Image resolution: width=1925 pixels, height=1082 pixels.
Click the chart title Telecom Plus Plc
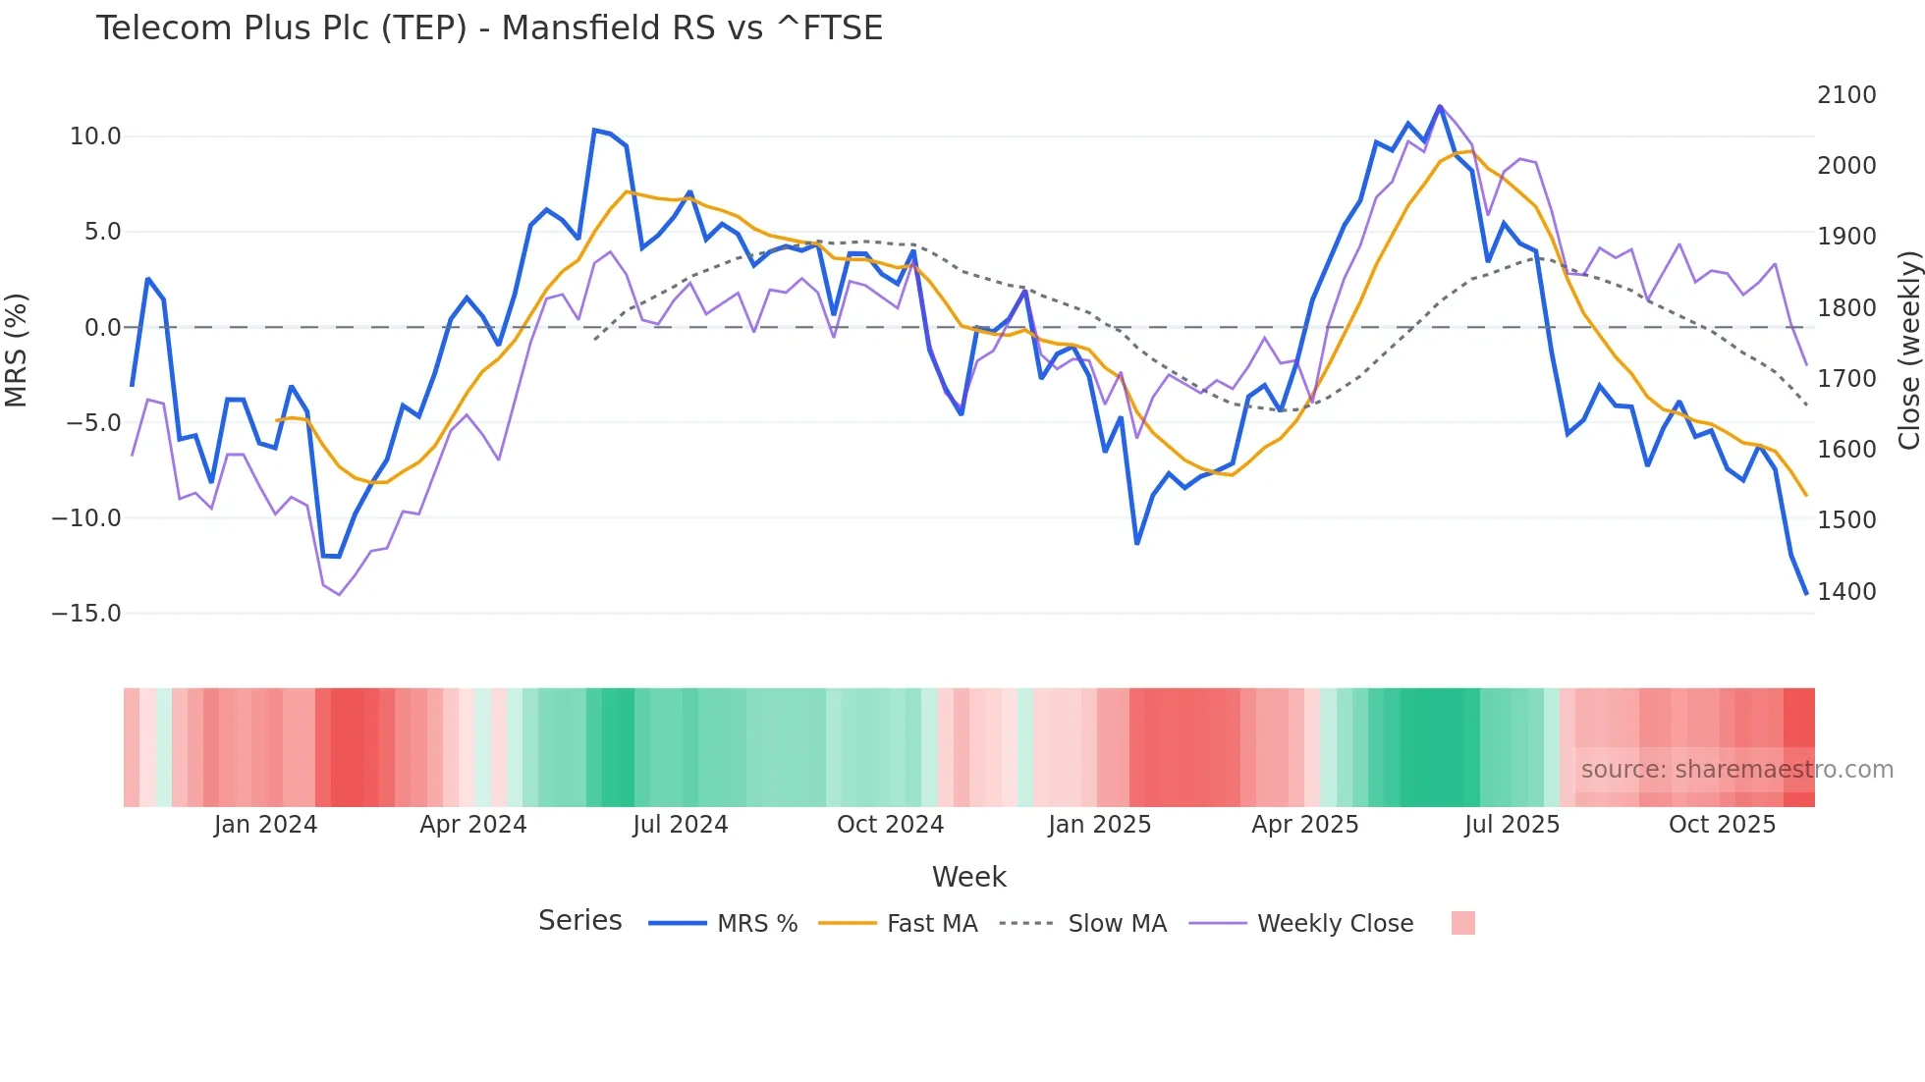pos(489,27)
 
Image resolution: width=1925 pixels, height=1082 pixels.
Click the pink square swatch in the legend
pos(1462,923)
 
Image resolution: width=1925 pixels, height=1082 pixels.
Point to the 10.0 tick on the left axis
pos(95,136)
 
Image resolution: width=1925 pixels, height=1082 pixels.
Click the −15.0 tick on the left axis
pos(86,614)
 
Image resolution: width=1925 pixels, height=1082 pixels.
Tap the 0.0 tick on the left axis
pos(102,328)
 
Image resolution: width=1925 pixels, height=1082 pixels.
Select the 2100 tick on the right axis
pos(1846,95)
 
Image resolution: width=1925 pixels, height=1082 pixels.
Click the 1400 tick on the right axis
pos(1846,591)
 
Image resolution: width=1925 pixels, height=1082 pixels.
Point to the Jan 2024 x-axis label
pos(265,825)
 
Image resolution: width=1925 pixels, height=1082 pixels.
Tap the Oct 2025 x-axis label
pos(1722,825)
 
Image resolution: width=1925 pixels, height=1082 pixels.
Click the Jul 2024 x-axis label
pos(680,825)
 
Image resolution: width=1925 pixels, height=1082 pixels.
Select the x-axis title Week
pos(968,877)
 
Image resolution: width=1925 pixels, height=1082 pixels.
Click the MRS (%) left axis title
pos(17,351)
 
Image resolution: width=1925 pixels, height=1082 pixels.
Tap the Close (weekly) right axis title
pos(1908,351)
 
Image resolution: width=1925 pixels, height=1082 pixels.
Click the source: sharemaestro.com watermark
pos(1736,770)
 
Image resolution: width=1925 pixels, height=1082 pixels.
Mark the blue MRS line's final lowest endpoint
pos(1805,593)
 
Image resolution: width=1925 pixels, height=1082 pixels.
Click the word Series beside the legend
pos(579,921)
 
